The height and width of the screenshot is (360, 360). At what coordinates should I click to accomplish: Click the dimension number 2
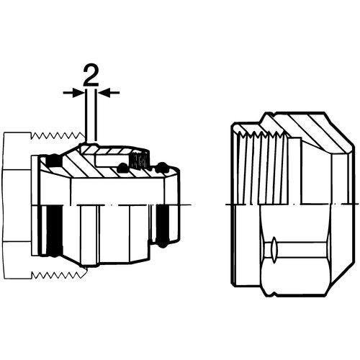91,76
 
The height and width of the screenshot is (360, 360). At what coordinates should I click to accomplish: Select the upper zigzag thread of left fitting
58,136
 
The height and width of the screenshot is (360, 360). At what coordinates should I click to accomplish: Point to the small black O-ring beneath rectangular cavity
122,167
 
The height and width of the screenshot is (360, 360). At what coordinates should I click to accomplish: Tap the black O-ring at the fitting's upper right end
161,168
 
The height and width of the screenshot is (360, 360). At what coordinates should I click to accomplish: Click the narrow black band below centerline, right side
163,222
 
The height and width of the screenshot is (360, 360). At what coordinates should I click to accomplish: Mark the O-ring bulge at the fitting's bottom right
162,243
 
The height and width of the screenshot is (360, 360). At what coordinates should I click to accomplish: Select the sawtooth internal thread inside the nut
262,135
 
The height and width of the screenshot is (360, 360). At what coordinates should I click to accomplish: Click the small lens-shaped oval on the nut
274,249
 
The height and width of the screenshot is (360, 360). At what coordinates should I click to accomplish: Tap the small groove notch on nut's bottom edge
274,293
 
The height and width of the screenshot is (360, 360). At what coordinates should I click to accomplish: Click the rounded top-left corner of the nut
234,125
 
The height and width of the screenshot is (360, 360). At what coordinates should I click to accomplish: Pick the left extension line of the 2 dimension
86,114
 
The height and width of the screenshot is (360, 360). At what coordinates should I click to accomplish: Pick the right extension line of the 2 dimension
96,115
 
